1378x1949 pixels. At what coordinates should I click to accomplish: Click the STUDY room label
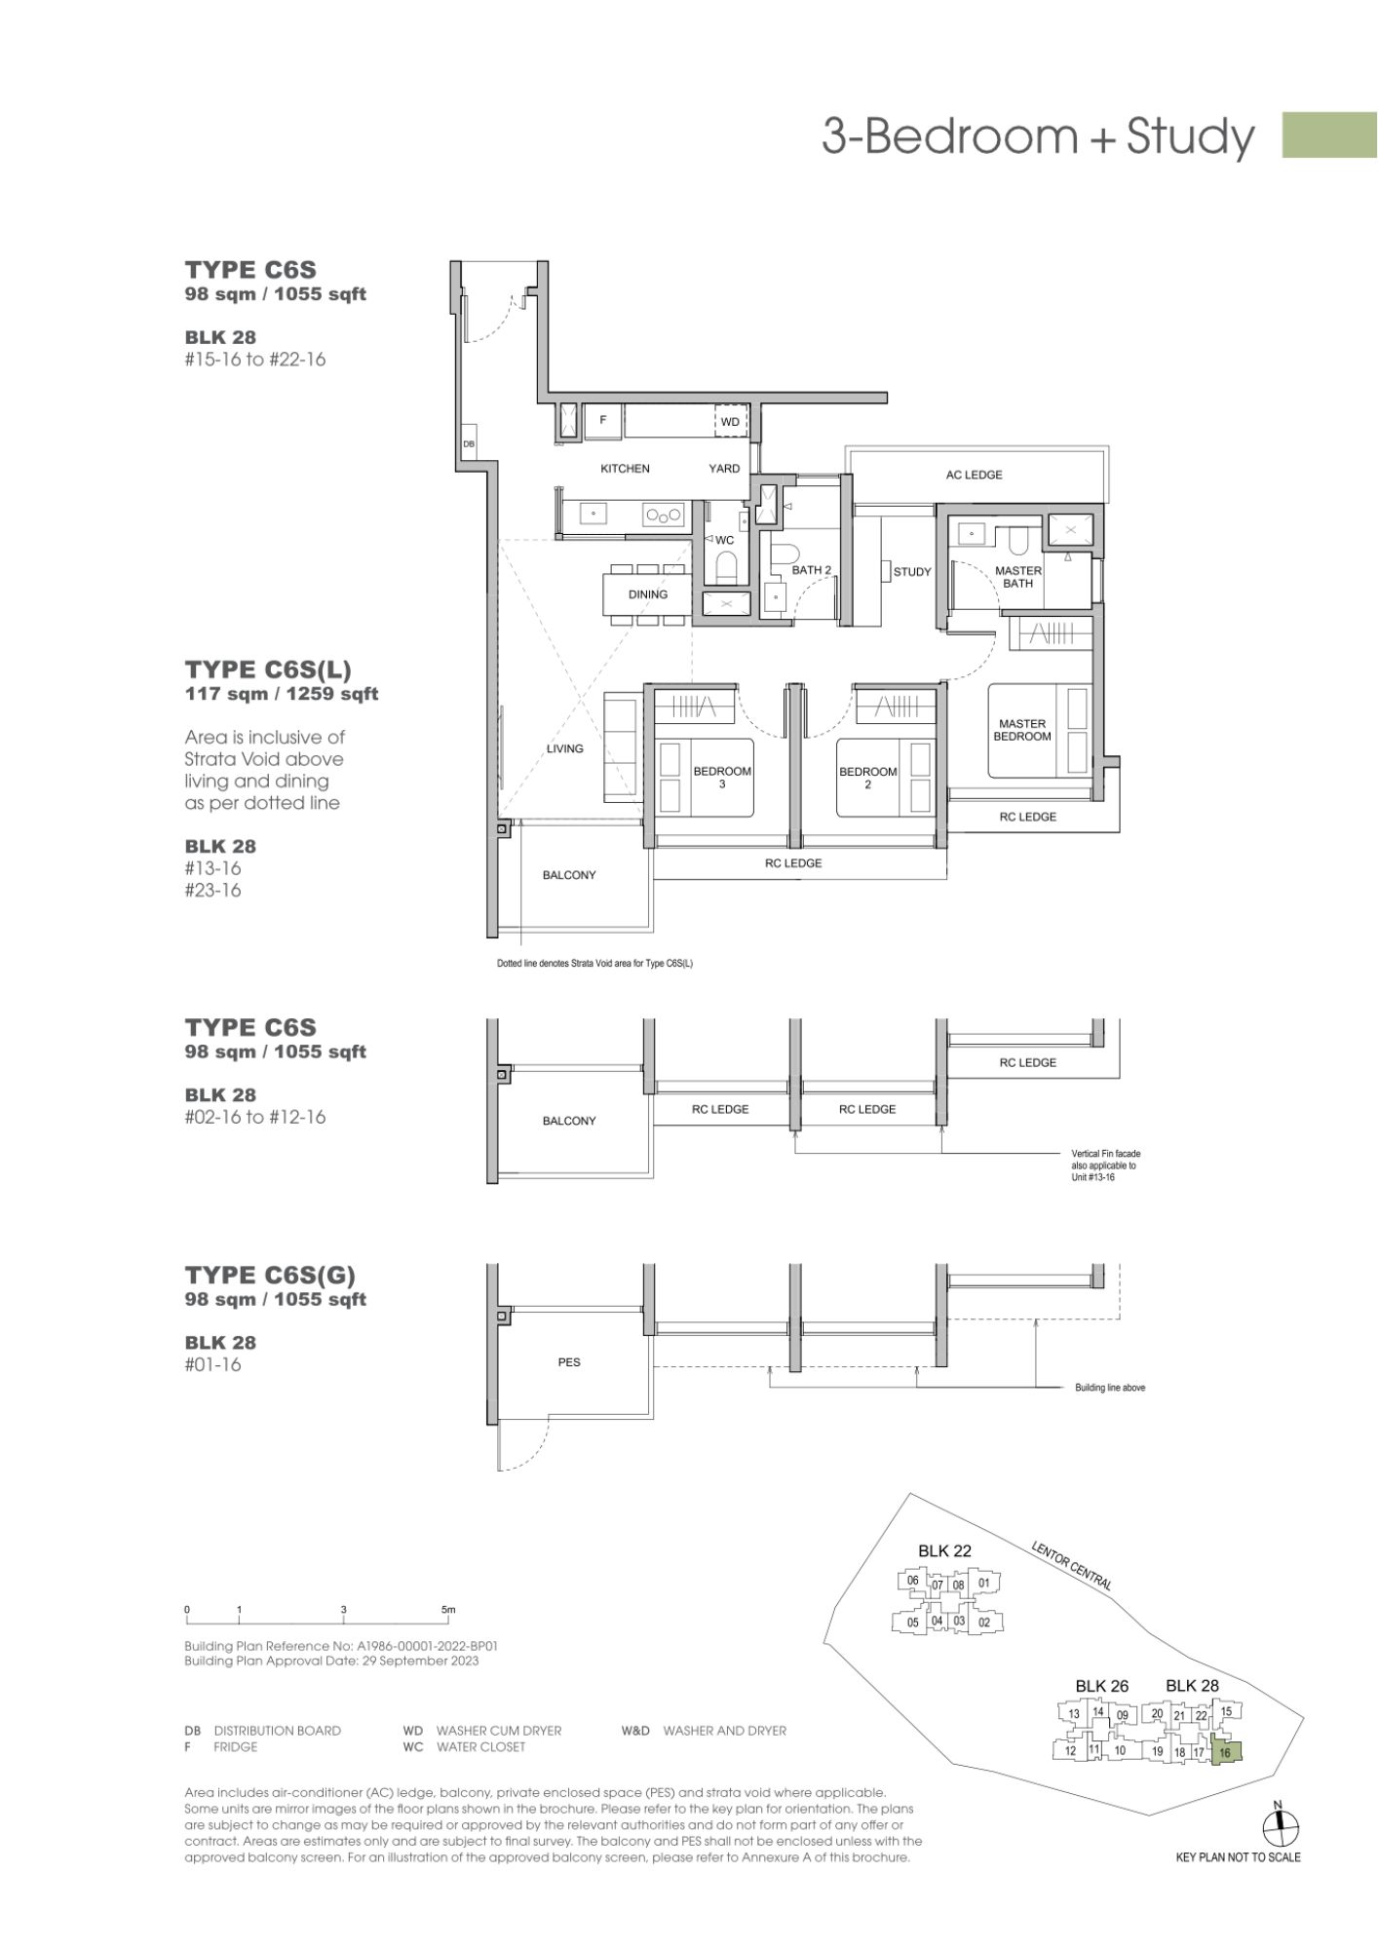click(912, 572)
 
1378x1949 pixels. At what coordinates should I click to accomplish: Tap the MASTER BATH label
click(1018, 577)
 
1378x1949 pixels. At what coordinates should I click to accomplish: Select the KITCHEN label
click(625, 469)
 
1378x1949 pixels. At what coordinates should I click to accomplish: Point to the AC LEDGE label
click(974, 475)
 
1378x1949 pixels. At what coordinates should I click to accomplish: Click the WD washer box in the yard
click(730, 422)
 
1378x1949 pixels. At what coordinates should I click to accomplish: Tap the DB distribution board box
click(469, 443)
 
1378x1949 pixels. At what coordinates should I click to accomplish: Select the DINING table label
click(648, 594)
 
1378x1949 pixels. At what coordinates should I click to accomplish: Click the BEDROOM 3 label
click(722, 777)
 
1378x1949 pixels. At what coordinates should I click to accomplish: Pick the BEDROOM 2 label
click(867, 777)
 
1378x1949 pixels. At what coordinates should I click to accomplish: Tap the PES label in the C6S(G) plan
click(569, 1362)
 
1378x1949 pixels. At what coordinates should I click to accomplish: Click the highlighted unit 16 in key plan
click(1225, 1751)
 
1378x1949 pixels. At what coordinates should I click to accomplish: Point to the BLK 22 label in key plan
click(944, 1551)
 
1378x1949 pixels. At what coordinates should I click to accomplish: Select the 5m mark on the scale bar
click(448, 1610)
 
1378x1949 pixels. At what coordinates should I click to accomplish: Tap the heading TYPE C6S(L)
click(268, 669)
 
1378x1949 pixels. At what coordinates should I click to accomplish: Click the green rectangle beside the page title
click(1329, 134)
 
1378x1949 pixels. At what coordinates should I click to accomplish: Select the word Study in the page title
click(1190, 136)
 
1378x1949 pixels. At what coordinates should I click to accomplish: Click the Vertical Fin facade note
click(1104, 1166)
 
